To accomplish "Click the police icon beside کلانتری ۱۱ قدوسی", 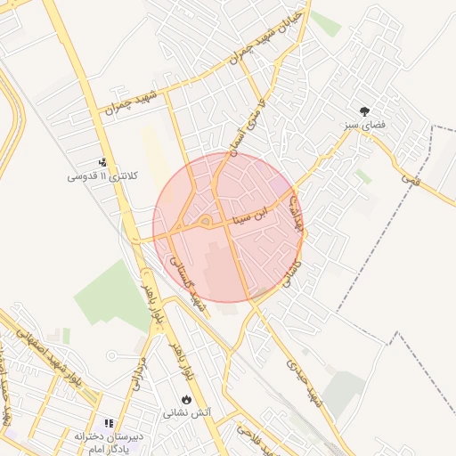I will click(x=103, y=163).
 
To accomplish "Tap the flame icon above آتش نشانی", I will click(x=187, y=399).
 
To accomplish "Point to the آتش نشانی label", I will click(x=187, y=413).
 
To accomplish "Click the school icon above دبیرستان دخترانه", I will click(x=110, y=423).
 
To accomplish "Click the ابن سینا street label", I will click(x=273, y=210).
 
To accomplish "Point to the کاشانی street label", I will click(x=291, y=272).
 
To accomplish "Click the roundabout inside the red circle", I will click(x=205, y=221).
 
